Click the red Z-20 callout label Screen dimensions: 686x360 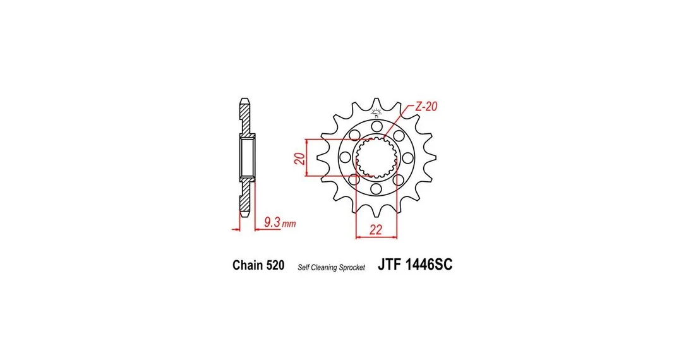(426, 106)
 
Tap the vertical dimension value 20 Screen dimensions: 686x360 (299, 159)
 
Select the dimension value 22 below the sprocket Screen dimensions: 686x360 (376, 230)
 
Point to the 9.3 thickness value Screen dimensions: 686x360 (272, 222)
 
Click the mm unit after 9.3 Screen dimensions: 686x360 (289, 224)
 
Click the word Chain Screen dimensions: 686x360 (248, 265)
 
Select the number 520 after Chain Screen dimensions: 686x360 (275, 265)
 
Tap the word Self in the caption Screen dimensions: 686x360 (303, 268)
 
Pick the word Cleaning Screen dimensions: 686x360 (323, 268)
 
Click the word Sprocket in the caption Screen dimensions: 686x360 (352, 268)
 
